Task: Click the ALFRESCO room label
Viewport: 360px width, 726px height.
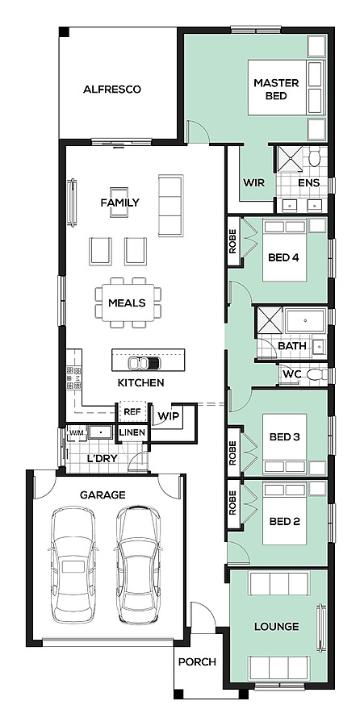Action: click(111, 90)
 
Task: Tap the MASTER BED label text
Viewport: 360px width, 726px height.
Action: click(276, 90)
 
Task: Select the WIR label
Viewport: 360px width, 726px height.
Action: click(254, 183)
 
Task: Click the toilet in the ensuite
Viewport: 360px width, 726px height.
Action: click(315, 157)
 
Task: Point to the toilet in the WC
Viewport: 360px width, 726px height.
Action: click(317, 374)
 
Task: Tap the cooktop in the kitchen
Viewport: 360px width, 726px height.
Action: click(73, 378)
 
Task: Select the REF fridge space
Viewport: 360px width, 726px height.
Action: click(132, 411)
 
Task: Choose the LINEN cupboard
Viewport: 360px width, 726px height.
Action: click(132, 433)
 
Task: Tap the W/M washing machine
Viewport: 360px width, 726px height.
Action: click(76, 432)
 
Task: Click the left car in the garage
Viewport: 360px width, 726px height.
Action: click(73, 564)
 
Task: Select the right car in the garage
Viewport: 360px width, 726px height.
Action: click(138, 564)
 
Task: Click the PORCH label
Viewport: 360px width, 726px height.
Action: click(198, 662)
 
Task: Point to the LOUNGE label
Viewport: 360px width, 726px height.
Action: click(277, 627)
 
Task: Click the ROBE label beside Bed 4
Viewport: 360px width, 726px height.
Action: click(232, 240)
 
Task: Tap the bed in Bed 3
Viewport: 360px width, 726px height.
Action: click(284, 444)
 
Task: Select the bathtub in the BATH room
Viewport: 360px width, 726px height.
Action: click(305, 320)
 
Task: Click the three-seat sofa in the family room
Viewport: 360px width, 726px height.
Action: click(170, 205)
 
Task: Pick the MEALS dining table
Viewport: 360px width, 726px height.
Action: click(128, 302)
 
